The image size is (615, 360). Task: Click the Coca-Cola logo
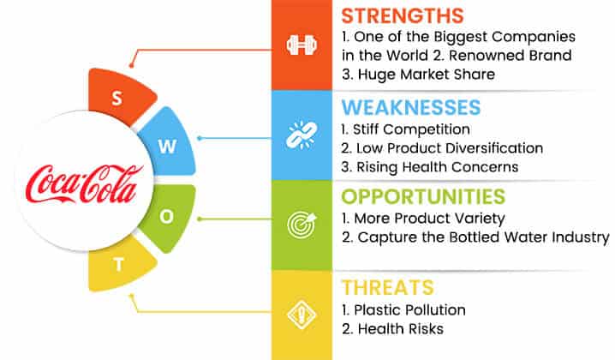(84, 184)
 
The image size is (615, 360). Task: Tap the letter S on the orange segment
(116, 98)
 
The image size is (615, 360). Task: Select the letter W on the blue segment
(168, 147)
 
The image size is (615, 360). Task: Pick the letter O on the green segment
(167, 216)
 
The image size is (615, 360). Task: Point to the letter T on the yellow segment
(119, 265)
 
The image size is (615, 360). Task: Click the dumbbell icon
(302, 45)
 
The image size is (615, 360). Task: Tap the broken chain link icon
(302, 135)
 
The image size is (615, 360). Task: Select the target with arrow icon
(302, 225)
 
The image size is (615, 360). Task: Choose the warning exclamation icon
(302, 315)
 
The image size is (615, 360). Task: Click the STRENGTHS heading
(403, 16)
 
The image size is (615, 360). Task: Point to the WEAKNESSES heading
(410, 107)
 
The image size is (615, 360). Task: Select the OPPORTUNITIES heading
(423, 196)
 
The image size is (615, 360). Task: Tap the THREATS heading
(387, 287)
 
